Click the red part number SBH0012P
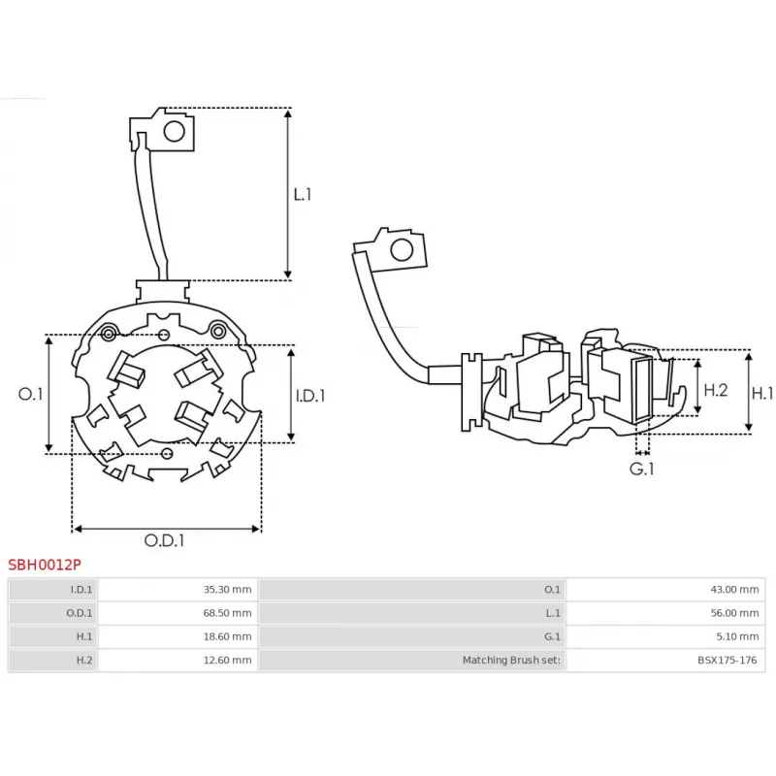point(45,563)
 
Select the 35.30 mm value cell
point(228,589)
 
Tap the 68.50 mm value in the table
point(228,613)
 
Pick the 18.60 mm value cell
point(228,637)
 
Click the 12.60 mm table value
point(228,661)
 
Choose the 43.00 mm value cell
point(735,589)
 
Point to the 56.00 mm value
point(735,613)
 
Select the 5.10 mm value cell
point(738,637)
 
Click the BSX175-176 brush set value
point(728,661)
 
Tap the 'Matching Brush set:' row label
point(512,661)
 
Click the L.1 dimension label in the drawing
point(303,194)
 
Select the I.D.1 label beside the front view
point(309,395)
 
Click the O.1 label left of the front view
point(31,395)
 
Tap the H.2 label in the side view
point(715,390)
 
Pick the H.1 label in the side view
point(762,394)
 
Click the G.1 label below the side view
point(642,469)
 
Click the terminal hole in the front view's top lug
point(176,131)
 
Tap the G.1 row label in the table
point(554,637)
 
